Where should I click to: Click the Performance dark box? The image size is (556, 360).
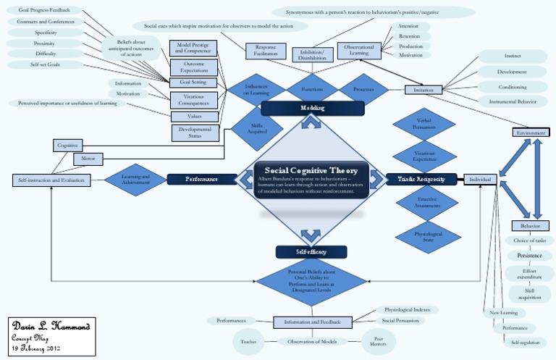click(202, 178)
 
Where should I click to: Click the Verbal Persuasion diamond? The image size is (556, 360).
click(424, 124)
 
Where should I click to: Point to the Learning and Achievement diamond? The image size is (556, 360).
click(135, 179)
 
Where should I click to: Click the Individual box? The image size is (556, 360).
click(481, 179)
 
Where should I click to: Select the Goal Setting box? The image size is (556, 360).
click(193, 82)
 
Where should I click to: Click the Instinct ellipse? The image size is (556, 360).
click(513, 56)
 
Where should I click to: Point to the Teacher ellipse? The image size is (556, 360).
click(249, 341)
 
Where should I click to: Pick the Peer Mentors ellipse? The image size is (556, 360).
click(378, 340)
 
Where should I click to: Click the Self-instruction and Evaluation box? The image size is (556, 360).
click(52, 179)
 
